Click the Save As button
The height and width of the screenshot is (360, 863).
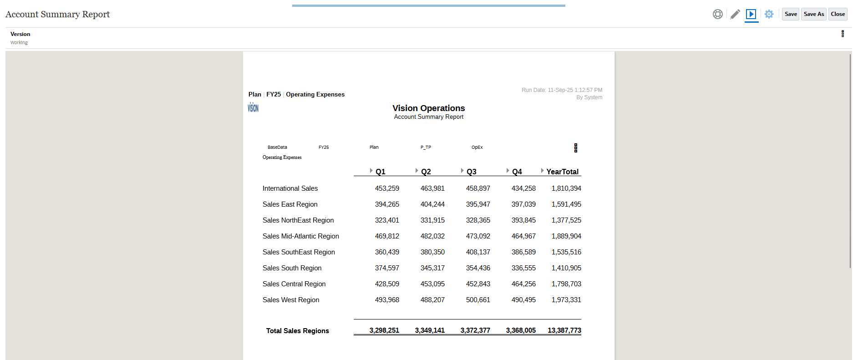(814, 14)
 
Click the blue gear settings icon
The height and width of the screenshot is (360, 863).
(769, 14)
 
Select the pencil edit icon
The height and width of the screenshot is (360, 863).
(735, 14)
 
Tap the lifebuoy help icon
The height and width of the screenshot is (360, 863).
(718, 14)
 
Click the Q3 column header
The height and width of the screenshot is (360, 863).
(472, 172)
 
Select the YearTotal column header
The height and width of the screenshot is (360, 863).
(562, 172)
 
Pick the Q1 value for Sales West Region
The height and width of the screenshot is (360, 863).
(387, 300)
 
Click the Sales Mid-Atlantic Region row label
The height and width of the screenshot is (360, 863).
(300, 236)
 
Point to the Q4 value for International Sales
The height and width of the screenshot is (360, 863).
(523, 188)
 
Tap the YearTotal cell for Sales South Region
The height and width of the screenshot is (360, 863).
(566, 268)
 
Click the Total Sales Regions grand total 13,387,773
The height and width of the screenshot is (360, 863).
(564, 330)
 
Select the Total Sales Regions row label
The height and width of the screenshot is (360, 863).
(297, 331)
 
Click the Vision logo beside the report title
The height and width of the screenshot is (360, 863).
(253, 108)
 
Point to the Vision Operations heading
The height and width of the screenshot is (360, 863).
(429, 108)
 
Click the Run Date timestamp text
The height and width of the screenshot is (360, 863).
(562, 90)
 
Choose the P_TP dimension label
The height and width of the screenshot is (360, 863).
(426, 147)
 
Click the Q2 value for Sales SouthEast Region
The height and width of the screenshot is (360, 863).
(432, 252)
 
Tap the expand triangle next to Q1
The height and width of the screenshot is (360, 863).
(371, 171)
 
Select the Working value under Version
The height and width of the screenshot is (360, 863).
(19, 43)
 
